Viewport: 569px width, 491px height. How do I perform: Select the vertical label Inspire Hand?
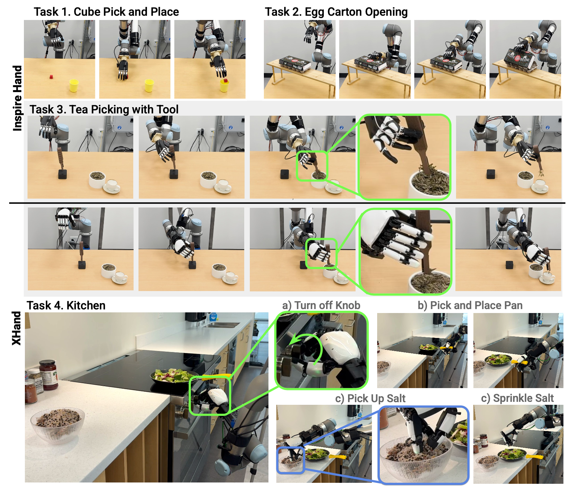tap(17, 98)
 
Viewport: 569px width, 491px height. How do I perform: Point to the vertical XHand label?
tap(16, 328)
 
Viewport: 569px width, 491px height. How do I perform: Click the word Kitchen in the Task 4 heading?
tap(86, 305)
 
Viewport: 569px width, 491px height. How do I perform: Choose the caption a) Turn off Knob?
tap(321, 305)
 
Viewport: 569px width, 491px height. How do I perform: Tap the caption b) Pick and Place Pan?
tap(470, 305)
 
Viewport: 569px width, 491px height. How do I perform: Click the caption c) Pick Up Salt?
tap(370, 398)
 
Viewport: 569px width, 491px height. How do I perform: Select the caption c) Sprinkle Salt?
tap(517, 398)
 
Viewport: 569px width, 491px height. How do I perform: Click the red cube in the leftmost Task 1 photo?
tap(51, 77)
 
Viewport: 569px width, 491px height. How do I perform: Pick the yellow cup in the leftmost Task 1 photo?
tap(74, 86)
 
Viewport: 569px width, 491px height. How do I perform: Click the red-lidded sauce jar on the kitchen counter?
tap(48, 375)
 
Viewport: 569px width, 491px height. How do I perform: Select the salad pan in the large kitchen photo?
tap(173, 377)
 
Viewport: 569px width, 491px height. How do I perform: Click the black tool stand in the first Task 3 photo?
tap(62, 174)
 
